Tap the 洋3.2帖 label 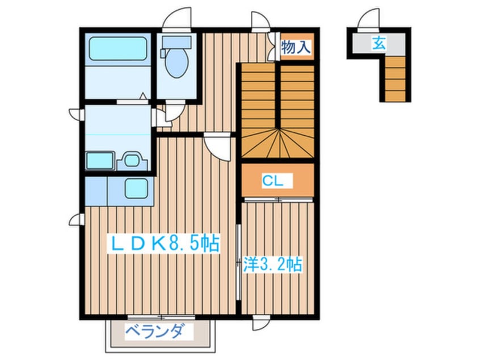273,264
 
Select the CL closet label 272,181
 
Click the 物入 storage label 296,47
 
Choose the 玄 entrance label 378,43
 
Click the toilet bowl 176,62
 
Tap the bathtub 118,49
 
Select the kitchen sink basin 136,188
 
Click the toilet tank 176,42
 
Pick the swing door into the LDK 218,146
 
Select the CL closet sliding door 279,200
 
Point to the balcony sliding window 161,317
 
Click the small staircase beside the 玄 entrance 395,79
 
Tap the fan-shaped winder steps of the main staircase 278,143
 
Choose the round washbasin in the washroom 132,160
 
